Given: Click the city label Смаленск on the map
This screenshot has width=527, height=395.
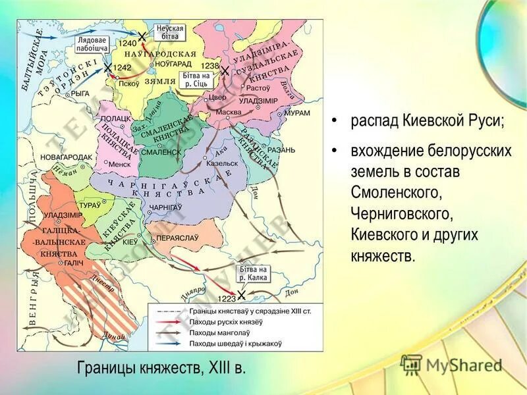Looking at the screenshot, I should pos(160,151).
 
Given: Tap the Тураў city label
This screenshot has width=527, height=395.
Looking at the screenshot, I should pos(90,205).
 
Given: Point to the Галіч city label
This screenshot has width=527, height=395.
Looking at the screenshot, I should pos(72,262).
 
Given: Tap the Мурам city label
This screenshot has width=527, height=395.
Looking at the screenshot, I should pos(297,113).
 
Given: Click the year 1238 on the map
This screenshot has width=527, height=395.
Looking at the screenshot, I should pos(209,66).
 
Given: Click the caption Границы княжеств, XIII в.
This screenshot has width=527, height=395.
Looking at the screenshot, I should pos(161,367).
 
